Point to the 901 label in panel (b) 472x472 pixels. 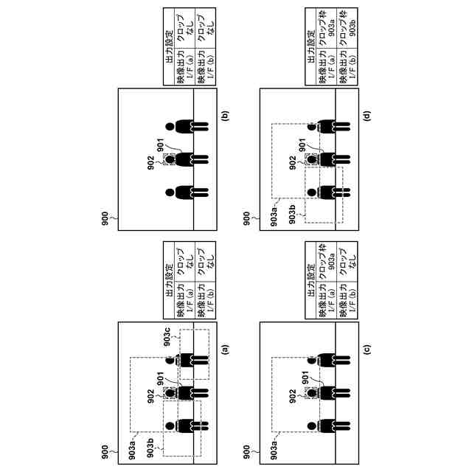[x=154, y=142]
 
